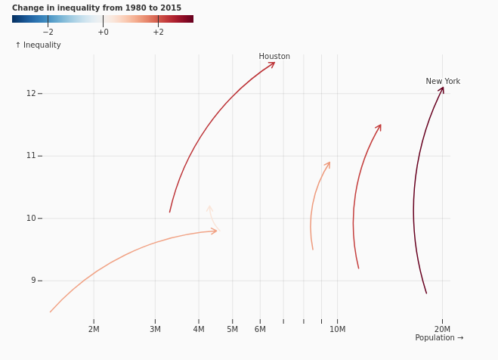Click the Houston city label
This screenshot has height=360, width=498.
click(x=274, y=56)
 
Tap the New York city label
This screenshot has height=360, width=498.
click(x=443, y=82)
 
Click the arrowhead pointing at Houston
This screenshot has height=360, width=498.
click(x=271, y=65)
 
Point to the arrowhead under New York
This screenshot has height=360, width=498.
click(x=441, y=90)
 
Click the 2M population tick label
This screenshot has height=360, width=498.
click(x=94, y=329)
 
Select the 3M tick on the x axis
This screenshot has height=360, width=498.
click(x=155, y=329)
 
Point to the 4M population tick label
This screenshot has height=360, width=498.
click(x=199, y=329)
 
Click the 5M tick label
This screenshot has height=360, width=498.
click(x=232, y=329)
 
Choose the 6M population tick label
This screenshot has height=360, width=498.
click(x=260, y=329)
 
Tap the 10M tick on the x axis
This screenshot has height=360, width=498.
click(x=337, y=329)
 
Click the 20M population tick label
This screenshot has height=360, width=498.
click(x=442, y=329)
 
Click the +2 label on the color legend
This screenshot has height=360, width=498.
click(x=158, y=32)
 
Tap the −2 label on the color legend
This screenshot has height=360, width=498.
click(x=48, y=32)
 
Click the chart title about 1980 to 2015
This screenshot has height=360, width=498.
click(x=97, y=8)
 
